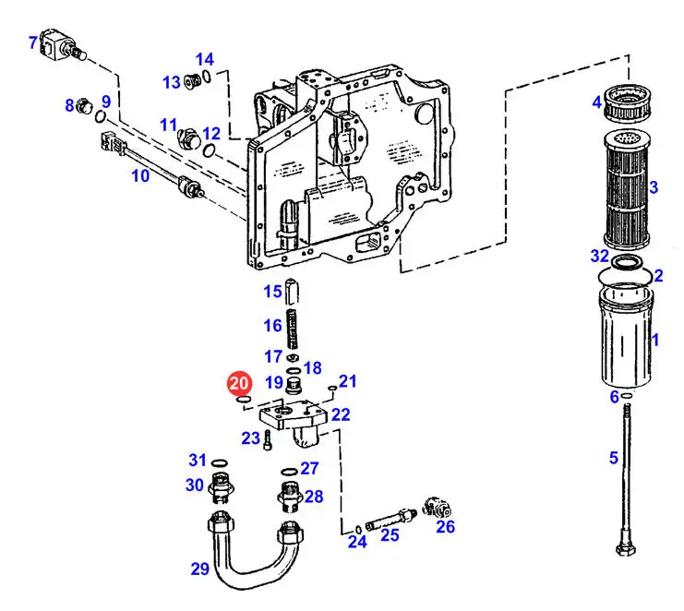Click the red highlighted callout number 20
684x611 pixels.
coord(239,383)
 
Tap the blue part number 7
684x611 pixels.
coord(33,42)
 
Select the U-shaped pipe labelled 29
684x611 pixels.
coord(255,549)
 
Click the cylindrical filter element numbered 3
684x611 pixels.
coord(627,190)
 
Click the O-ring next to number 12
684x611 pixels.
coord(210,150)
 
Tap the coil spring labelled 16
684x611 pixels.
coord(294,329)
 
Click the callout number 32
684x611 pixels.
coord(599,256)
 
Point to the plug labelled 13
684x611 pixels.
coord(192,80)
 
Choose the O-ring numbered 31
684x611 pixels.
coord(219,462)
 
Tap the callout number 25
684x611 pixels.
coord(390,534)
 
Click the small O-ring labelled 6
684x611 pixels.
coord(627,395)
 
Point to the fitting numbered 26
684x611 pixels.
coord(438,508)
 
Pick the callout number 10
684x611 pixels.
coord(140,175)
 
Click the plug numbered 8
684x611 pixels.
coord(84,106)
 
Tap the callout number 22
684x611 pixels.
coord(341,414)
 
